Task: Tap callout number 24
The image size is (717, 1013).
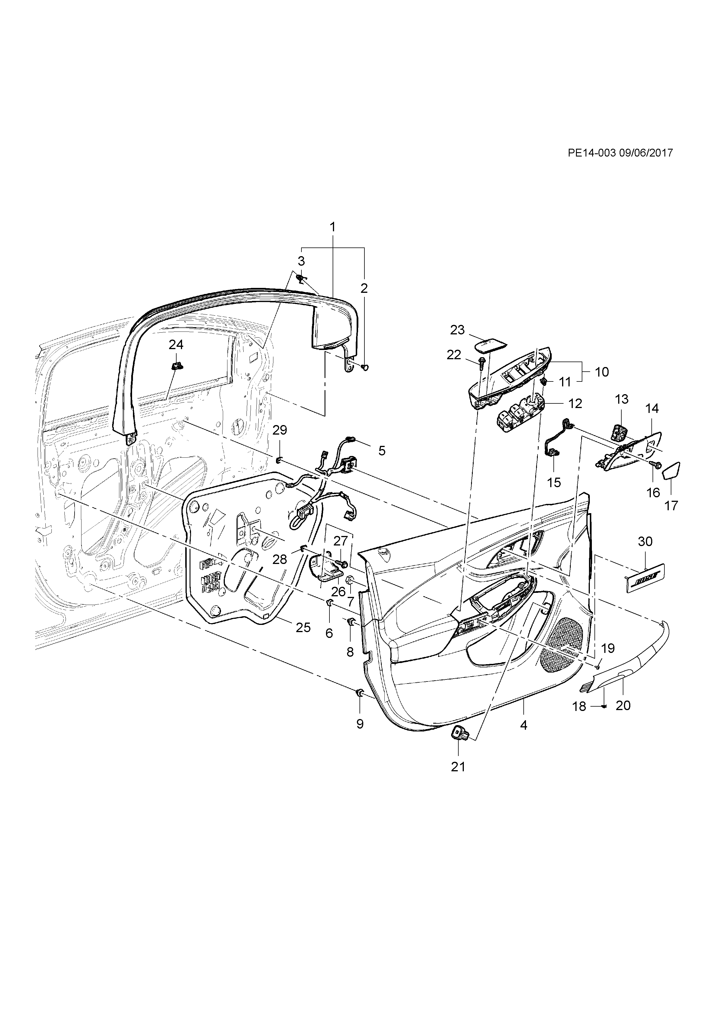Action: pyautogui.click(x=176, y=345)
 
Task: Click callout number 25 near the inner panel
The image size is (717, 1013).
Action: pyautogui.click(x=303, y=627)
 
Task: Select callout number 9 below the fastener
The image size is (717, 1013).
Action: pyautogui.click(x=360, y=724)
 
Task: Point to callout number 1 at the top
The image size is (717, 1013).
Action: pyautogui.click(x=333, y=227)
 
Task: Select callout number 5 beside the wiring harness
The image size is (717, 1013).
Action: pyautogui.click(x=382, y=450)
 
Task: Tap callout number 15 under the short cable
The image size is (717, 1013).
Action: pyautogui.click(x=554, y=482)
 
